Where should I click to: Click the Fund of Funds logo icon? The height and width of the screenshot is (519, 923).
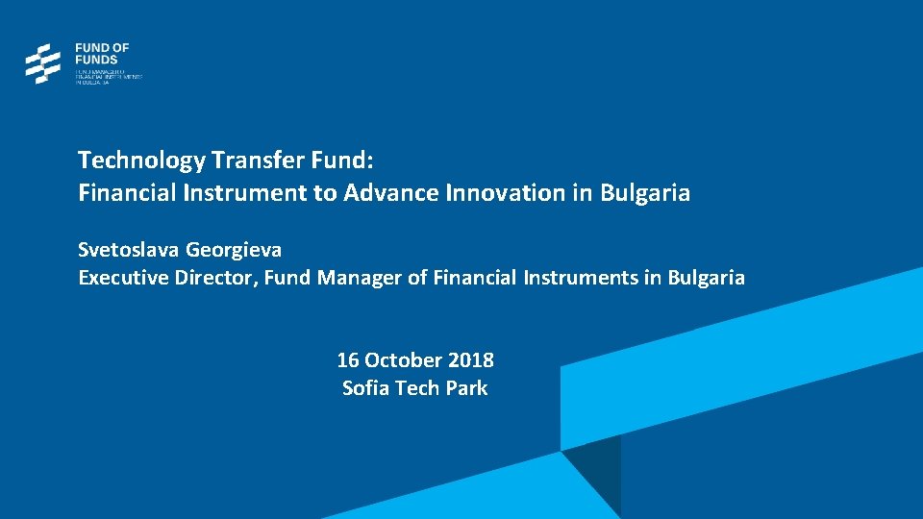(x=42, y=63)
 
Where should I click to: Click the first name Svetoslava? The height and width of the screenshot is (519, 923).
(x=129, y=250)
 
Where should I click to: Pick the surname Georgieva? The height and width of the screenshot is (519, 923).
(x=234, y=250)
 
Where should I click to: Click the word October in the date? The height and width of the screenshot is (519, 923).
(x=404, y=360)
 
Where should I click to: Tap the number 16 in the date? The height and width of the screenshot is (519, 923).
(x=347, y=360)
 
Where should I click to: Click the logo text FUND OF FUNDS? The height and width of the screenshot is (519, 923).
(x=102, y=54)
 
